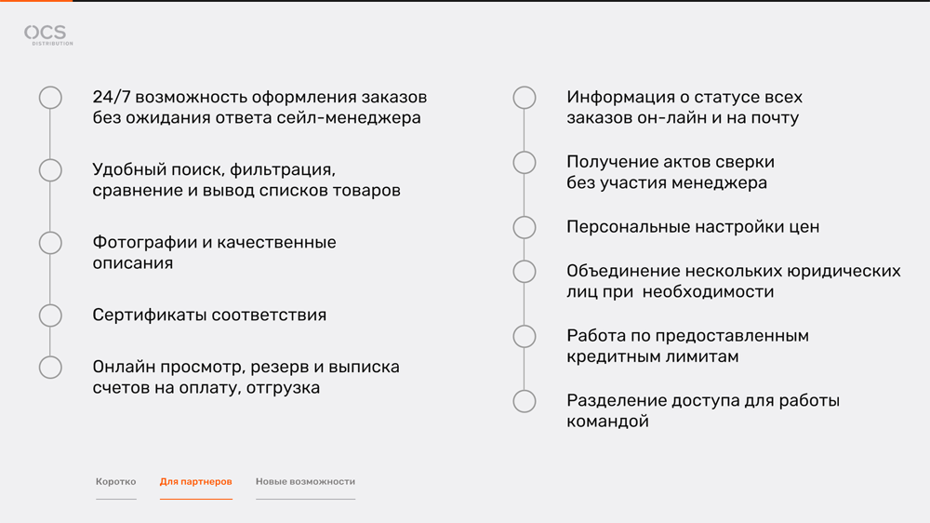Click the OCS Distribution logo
click(x=48, y=35)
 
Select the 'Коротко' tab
click(x=115, y=481)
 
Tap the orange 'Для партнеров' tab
click(x=195, y=481)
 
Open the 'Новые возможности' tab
click(x=305, y=481)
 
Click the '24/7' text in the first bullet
click(x=111, y=98)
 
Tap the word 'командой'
click(x=607, y=422)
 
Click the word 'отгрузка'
click(x=283, y=388)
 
